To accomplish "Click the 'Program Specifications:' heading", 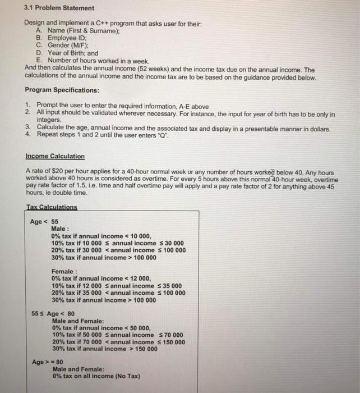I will pos(62,90).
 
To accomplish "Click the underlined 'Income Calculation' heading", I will pos(55,156).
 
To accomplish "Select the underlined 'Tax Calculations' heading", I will pos(52,206).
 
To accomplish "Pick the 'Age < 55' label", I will pos(44,221).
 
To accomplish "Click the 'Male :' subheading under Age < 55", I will pos(60,229).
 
